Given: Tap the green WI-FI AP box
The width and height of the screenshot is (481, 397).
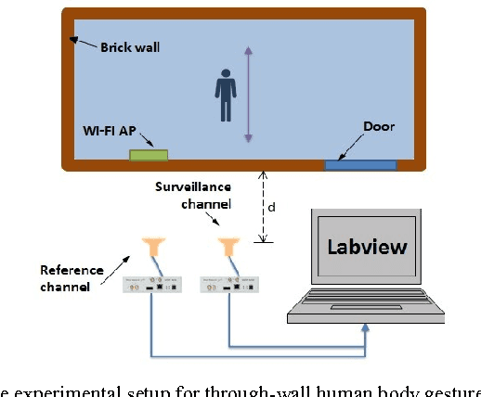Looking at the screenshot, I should point(149,153).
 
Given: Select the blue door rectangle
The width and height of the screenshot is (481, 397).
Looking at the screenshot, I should point(360,165).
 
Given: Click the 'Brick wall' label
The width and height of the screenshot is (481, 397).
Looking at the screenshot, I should point(130,45).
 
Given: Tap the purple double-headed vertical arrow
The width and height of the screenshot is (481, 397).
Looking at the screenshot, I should point(248,94).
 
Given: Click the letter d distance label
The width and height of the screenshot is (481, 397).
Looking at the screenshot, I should point(271,208).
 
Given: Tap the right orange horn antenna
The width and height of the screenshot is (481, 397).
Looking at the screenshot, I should point(225,247).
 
